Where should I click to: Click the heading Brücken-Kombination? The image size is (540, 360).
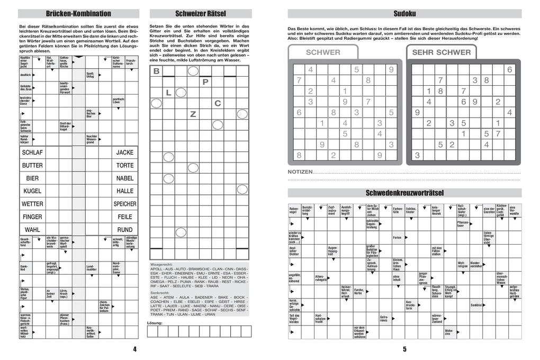click(79, 14)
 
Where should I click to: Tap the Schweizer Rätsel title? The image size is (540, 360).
click(200, 14)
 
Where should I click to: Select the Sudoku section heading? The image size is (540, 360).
click(404, 14)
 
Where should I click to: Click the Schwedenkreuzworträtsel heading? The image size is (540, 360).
click(404, 193)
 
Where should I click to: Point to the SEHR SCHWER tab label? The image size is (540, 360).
click(441, 52)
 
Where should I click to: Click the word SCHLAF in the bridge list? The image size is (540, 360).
click(32, 152)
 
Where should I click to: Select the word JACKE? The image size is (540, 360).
click(125, 152)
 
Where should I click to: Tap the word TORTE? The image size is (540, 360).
click(125, 165)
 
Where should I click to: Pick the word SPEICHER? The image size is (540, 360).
click(125, 204)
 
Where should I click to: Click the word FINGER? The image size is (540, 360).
click(32, 217)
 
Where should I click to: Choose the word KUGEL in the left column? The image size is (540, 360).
click(32, 191)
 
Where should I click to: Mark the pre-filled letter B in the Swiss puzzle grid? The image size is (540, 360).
click(156, 71)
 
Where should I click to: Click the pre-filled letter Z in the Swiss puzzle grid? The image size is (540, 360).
click(193, 114)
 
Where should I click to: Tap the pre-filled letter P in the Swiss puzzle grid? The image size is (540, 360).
click(205, 82)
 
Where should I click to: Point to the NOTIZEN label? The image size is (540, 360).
click(300, 172)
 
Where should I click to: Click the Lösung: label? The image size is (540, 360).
click(155, 322)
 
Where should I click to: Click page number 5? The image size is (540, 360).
click(404, 349)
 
